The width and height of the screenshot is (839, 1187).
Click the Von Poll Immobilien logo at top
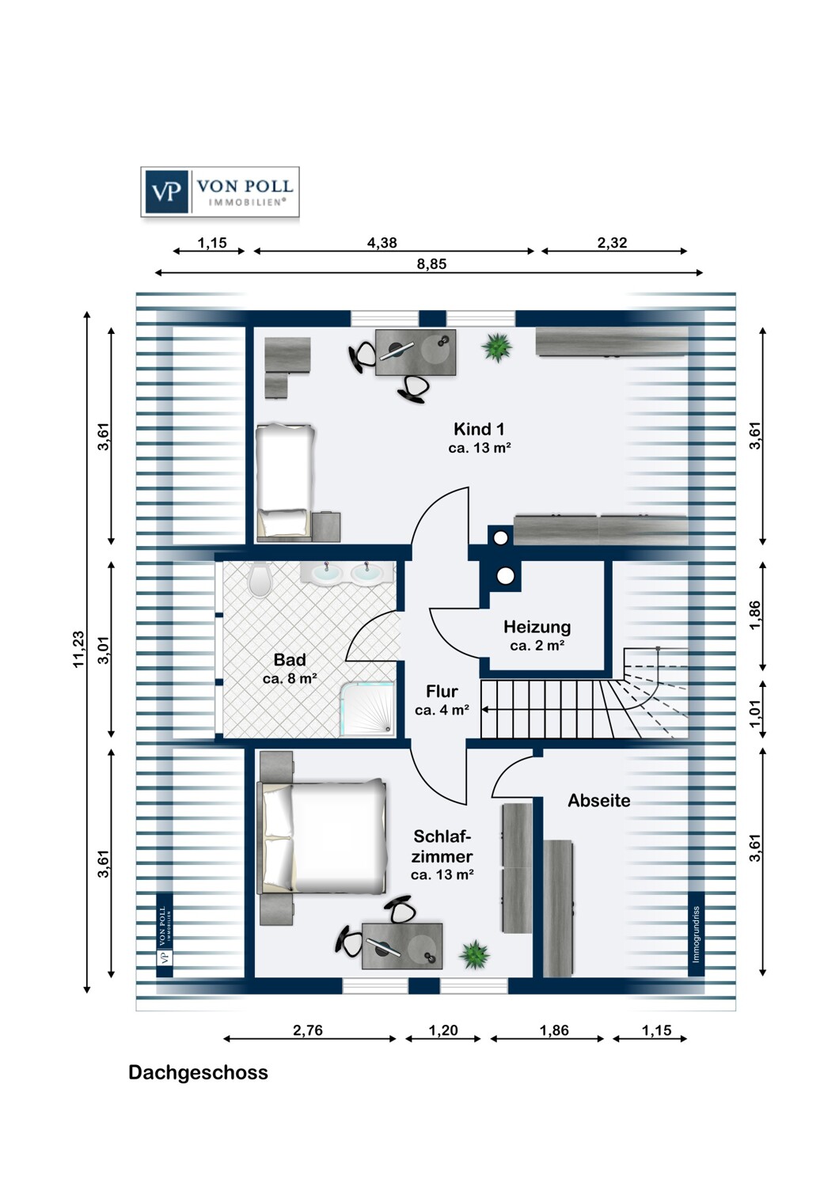pyautogui.click(x=220, y=192)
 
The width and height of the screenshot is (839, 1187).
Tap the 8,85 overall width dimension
pyautogui.click(x=431, y=264)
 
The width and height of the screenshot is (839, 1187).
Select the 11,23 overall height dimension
pyautogui.click(x=78, y=649)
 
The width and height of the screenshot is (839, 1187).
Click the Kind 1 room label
pyautogui.click(x=479, y=430)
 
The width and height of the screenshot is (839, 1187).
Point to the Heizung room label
pyautogui.click(x=537, y=628)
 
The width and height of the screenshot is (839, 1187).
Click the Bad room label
pyautogui.click(x=290, y=660)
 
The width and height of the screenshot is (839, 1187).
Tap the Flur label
pyautogui.click(x=442, y=692)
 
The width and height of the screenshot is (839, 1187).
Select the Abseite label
pyautogui.click(x=599, y=801)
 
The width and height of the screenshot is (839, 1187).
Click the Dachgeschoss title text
pyautogui.click(x=198, y=1073)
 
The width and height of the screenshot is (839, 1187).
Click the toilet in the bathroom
pyautogui.click(x=259, y=580)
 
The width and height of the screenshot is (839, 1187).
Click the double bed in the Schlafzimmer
pyautogui.click(x=323, y=836)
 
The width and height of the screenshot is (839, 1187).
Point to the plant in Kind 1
pyautogui.click(x=497, y=347)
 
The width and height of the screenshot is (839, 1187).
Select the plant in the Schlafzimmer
pyautogui.click(x=475, y=954)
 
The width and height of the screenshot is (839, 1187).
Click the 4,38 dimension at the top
pyautogui.click(x=382, y=243)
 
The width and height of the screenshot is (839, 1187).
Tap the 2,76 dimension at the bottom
pyautogui.click(x=308, y=1030)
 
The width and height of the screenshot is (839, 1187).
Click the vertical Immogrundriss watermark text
pyautogui.click(x=696, y=935)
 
